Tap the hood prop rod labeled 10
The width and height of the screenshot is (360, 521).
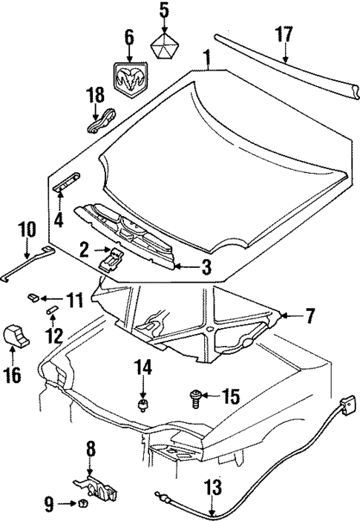[x=27, y=263]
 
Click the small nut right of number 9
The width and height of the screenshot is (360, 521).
[x=82, y=505]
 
